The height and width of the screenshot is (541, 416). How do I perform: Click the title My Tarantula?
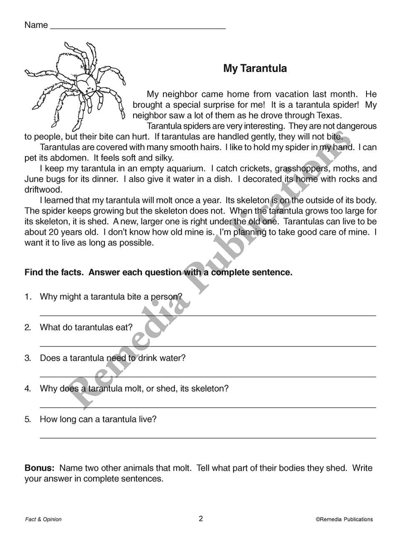coord(255,68)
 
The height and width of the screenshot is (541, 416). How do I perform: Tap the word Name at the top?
coord(36,25)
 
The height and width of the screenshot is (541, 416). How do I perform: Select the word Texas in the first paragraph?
coord(328,116)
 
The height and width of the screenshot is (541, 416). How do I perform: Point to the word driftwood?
coord(43,190)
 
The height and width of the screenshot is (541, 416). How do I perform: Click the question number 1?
coord(28,297)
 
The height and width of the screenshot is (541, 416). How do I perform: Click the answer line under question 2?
coord(208,346)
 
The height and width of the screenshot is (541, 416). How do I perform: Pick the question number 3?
coord(28,358)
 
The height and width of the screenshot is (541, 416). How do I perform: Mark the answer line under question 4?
coord(208,407)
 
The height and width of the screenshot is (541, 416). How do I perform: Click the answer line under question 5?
coord(208,437)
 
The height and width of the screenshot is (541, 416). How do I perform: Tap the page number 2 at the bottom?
coord(201,519)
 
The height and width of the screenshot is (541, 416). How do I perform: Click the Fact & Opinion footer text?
coord(43,519)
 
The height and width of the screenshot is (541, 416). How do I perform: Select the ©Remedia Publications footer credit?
coord(344,519)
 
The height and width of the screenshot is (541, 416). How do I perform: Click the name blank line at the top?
coord(138,28)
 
